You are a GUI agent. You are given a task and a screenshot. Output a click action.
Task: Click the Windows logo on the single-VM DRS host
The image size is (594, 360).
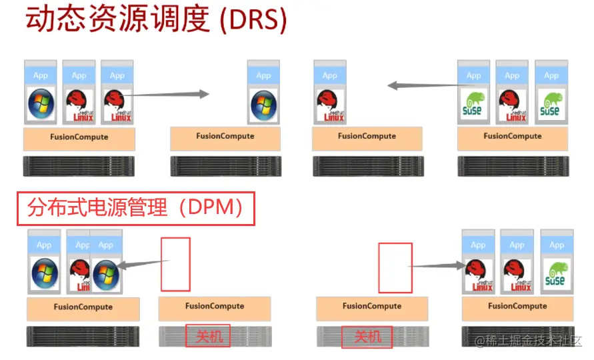pyautogui.click(x=263, y=103)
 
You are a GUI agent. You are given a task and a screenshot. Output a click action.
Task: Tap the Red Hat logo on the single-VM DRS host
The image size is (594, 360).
pyautogui.click(x=330, y=104)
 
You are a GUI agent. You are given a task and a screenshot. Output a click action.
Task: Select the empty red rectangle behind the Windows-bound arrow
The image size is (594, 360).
pyautogui.click(x=175, y=264)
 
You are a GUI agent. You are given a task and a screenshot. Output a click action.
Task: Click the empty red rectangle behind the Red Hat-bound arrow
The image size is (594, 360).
pyautogui.click(x=395, y=267)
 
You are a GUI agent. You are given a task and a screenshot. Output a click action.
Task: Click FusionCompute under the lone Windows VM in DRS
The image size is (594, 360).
pyautogui.click(x=225, y=137)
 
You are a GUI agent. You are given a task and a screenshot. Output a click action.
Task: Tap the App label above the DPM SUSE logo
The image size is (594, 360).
pyautogui.click(x=556, y=245)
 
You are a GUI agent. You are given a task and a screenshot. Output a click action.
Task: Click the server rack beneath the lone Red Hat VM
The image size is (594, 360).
pyautogui.click(x=368, y=166)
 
